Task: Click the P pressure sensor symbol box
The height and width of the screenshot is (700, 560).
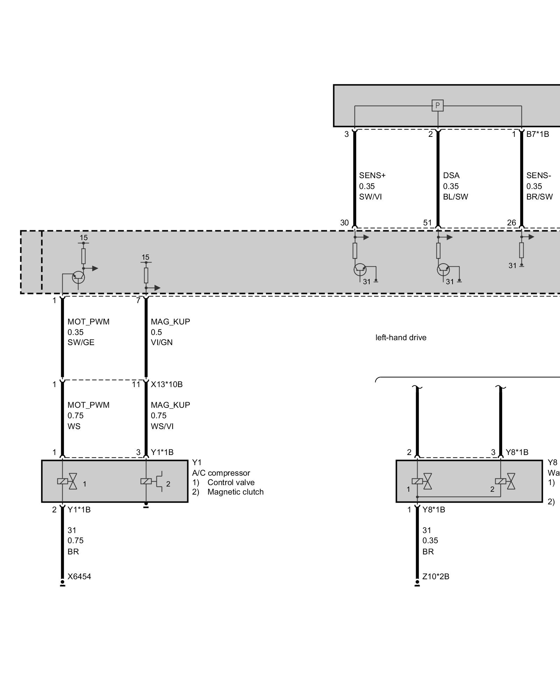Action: click(x=437, y=105)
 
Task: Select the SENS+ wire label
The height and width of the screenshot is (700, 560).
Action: click(x=372, y=175)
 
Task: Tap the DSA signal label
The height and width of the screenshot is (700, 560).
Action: click(x=451, y=175)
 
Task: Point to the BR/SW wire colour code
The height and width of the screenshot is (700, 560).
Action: click(x=539, y=197)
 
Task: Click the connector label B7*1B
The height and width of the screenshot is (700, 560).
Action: click(x=538, y=134)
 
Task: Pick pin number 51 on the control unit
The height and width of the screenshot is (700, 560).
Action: click(x=428, y=223)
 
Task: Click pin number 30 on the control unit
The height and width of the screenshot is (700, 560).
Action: click(x=344, y=223)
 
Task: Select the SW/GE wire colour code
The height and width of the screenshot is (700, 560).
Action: click(x=81, y=342)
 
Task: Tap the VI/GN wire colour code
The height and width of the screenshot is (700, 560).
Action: click(x=162, y=342)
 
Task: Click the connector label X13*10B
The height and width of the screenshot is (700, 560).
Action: click(x=167, y=384)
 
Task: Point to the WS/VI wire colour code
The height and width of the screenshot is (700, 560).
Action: click(x=162, y=426)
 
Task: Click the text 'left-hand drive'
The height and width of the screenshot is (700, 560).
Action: click(x=401, y=338)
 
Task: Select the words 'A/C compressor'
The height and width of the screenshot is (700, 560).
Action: click(x=221, y=473)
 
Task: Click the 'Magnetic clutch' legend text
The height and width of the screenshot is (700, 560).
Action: click(x=235, y=492)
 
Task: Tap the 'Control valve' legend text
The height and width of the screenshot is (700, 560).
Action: click(x=231, y=482)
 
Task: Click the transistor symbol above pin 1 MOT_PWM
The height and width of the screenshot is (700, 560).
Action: click(x=78, y=277)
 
